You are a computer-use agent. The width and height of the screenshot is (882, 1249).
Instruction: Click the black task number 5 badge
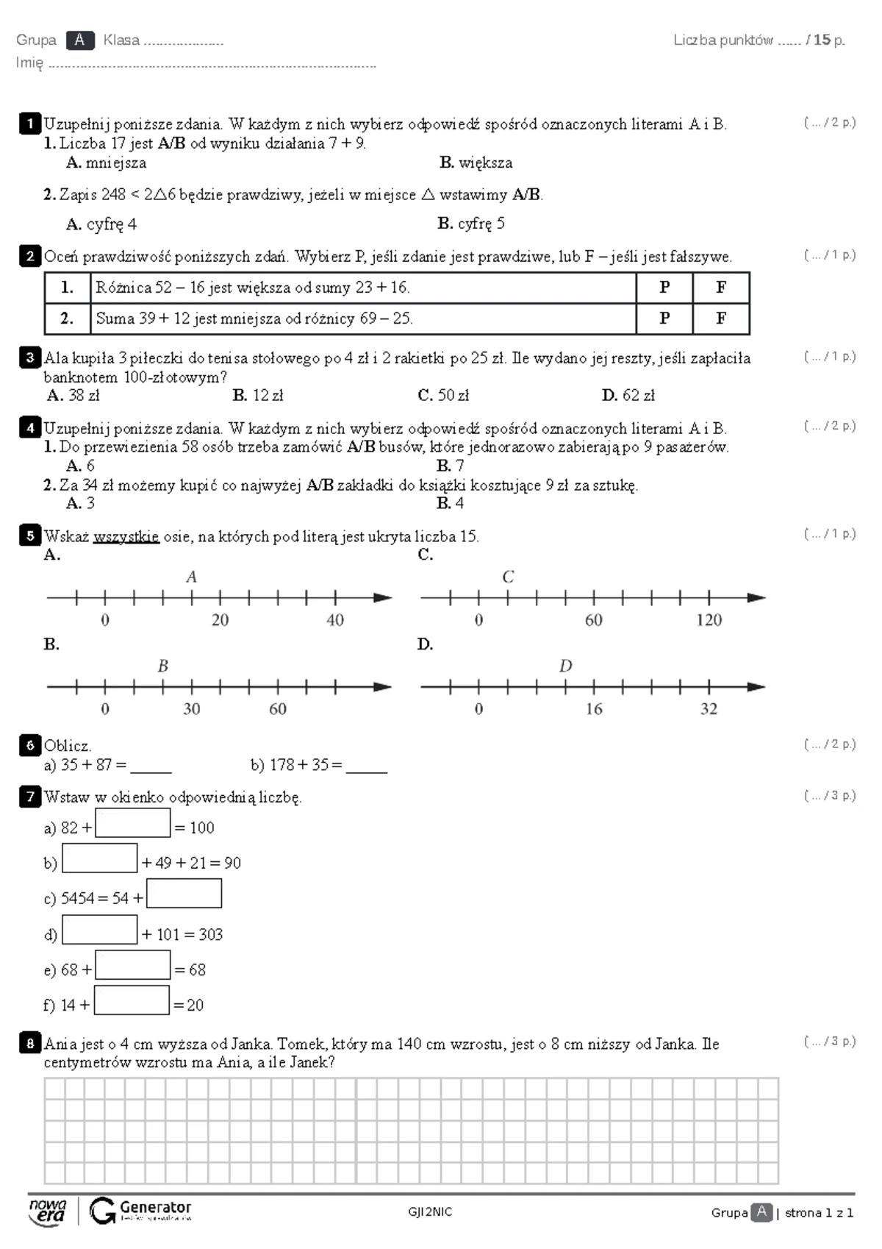[x=29, y=535]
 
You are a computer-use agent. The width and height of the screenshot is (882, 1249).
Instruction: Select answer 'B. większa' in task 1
[x=476, y=163]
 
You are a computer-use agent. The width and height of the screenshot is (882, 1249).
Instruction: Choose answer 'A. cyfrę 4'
[x=101, y=224]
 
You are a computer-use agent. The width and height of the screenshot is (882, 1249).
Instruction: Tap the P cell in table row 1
[x=664, y=288]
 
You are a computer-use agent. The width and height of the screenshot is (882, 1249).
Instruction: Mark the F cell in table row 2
[x=721, y=319]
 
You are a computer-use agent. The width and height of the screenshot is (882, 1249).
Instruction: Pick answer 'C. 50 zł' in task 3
[x=442, y=395]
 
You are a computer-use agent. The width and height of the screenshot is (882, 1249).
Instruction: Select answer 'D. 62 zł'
[x=628, y=395]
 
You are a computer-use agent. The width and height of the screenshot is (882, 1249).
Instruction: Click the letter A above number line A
[x=191, y=577]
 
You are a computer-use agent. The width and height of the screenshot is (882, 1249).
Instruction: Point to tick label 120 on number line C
[x=709, y=620]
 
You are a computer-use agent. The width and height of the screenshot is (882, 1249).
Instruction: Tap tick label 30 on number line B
[x=191, y=709]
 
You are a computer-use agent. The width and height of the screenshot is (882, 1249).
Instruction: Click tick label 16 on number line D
[x=593, y=709]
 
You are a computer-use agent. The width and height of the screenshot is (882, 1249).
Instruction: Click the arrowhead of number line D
[x=756, y=687]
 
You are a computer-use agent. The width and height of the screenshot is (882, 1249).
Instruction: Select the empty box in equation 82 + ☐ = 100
[x=132, y=823]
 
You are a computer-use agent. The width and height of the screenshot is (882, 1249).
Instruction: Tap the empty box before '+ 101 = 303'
[x=100, y=930]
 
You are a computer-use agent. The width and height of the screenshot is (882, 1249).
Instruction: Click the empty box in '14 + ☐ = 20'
[x=132, y=1000]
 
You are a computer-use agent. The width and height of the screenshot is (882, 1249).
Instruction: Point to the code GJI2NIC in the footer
[x=430, y=1212]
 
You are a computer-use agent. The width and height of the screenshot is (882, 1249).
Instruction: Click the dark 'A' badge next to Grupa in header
[x=79, y=40]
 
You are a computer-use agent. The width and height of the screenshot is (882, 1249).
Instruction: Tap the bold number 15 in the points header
[x=822, y=40]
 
